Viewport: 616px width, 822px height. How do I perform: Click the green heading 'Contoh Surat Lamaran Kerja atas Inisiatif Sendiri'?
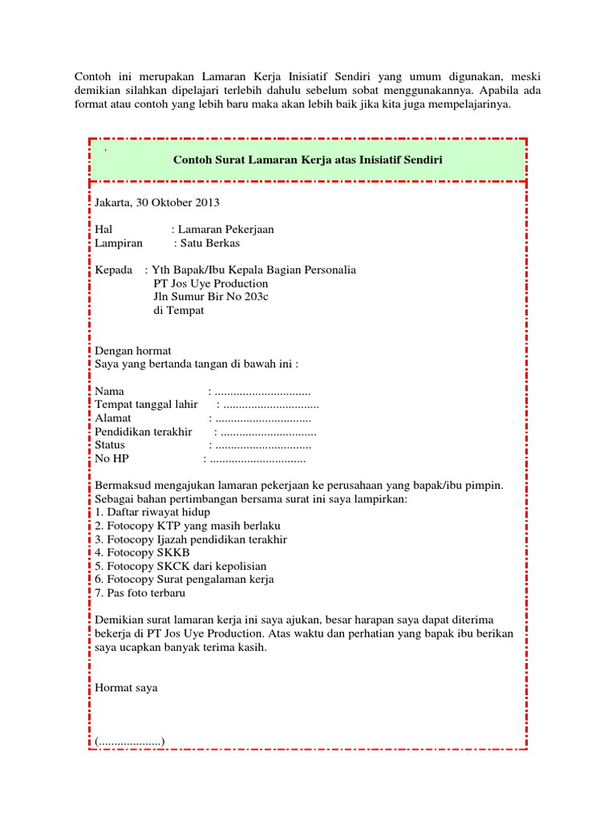pyautogui.click(x=308, y=160)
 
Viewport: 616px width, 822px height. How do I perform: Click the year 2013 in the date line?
pyautogui.click(x=206, y=202)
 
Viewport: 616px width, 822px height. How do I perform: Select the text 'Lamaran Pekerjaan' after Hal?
pyautogui.click(x=227, y=230)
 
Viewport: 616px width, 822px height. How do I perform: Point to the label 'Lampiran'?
pyautogui.click(x=119, y=242)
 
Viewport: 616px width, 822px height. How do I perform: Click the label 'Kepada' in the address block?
pyautogui.click(x=113, y=270)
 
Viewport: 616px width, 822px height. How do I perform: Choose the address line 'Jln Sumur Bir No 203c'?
pyautogui.click(x=210, y=297)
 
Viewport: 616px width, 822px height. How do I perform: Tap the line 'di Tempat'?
pyautogui.click(x=178, y=311)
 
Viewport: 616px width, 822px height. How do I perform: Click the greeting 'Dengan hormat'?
pyautogui.click(x=132, y=352)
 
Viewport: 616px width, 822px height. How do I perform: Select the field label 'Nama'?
pyautogui.click(x=110, y=392)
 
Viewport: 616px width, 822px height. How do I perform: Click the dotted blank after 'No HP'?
pyautogui.click(x=257, y=460)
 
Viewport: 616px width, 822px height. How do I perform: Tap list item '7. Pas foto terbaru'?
pyautogui.click(x=140, y=593)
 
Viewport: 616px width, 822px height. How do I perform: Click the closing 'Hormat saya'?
pyautogui.click(x=126, y=688)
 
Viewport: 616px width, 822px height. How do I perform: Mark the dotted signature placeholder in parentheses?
pyautogui.click(x=130, y=742)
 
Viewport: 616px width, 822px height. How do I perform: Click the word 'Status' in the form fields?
pyautogui.click(x=110, y=446)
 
